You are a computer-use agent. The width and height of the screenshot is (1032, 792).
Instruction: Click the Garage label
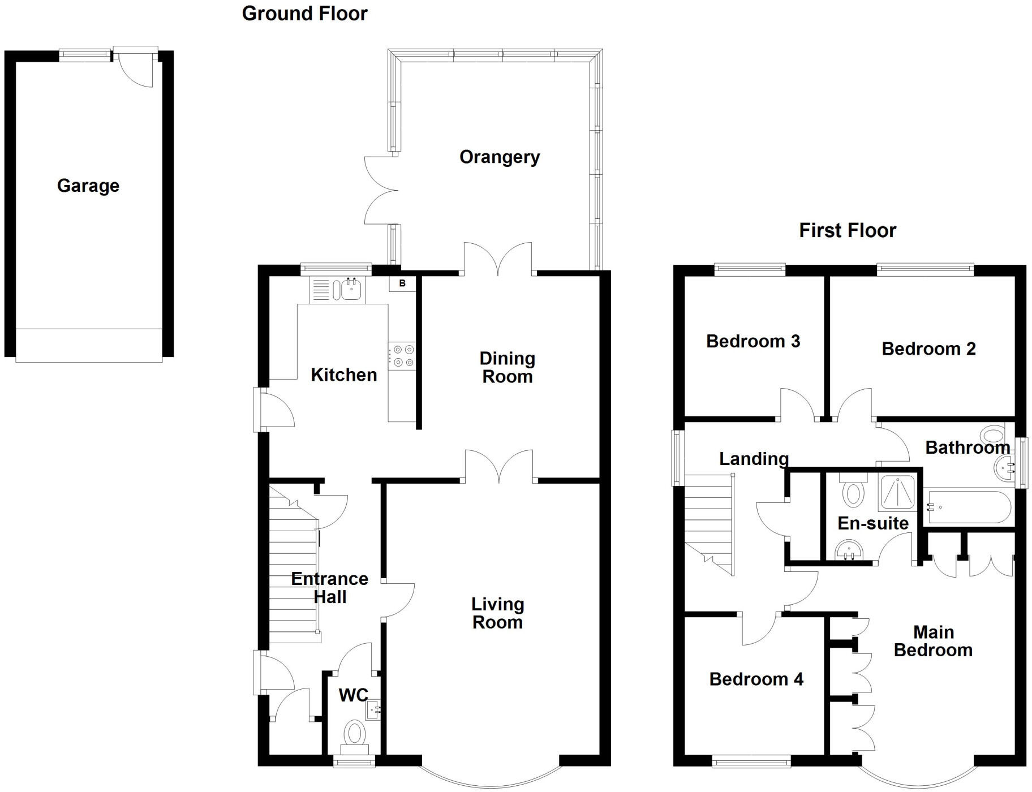[88, 186]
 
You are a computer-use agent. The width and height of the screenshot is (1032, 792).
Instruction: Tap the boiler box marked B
[402, 283]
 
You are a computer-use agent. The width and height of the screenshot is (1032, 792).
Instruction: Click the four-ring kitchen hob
[402, 356]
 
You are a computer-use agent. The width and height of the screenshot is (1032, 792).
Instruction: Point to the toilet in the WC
[355, 735]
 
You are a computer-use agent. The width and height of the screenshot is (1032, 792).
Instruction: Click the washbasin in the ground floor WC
[373, 709]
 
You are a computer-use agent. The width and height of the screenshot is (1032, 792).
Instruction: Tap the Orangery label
[500, 157]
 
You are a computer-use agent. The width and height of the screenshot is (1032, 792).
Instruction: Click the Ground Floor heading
[304, 14]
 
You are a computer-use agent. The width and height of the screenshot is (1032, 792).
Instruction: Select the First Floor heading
[847, 230]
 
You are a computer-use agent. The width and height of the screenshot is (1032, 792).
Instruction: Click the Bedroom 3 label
[753, 341]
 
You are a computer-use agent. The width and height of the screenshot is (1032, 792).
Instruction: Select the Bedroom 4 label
[756, 679]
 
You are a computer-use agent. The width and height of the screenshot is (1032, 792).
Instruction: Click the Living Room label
[498, 613]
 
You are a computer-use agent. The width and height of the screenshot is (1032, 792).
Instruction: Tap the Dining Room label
[508, 367]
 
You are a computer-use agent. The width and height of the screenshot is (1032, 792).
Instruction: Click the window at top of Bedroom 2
[925, 270]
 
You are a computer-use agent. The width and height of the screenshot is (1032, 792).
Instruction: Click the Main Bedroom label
[933, 641]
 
